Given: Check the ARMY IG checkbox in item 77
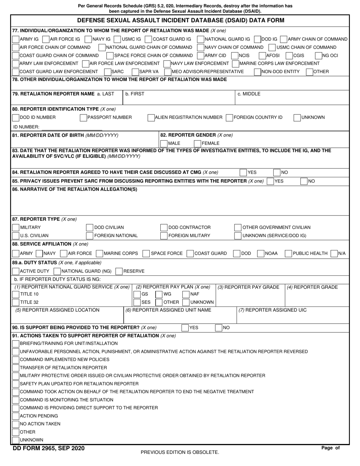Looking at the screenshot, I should tap(16, 39).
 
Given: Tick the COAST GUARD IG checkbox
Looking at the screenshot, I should tap(149, 39).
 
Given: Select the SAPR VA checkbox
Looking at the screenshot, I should tap(136, 72).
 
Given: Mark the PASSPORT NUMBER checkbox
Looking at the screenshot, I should tap(83, 117).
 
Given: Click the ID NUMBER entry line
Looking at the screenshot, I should tap(66, 127).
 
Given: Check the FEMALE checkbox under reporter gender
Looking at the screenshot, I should tap(197, 144).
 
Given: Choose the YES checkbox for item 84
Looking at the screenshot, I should tap(243, 173).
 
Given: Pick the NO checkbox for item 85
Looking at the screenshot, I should tap(304, 181).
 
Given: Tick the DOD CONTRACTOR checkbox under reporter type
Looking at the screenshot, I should tap(164, 228).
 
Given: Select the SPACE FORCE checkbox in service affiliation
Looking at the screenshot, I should tap(146, 253).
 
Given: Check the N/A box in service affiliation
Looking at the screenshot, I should tap(334, 253).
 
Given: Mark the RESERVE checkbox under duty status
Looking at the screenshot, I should tap(119, 271).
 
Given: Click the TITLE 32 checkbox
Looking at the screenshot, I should tap(16, 302).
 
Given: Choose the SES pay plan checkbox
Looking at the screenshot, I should tap(137, 302).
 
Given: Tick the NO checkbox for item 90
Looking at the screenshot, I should tap(219, 328).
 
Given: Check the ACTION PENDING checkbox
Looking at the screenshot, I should tap(16, 416).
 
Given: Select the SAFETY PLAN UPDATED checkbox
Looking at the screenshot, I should tap(16, 384).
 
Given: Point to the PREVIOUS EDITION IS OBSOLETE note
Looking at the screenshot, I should tap(180, 452).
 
